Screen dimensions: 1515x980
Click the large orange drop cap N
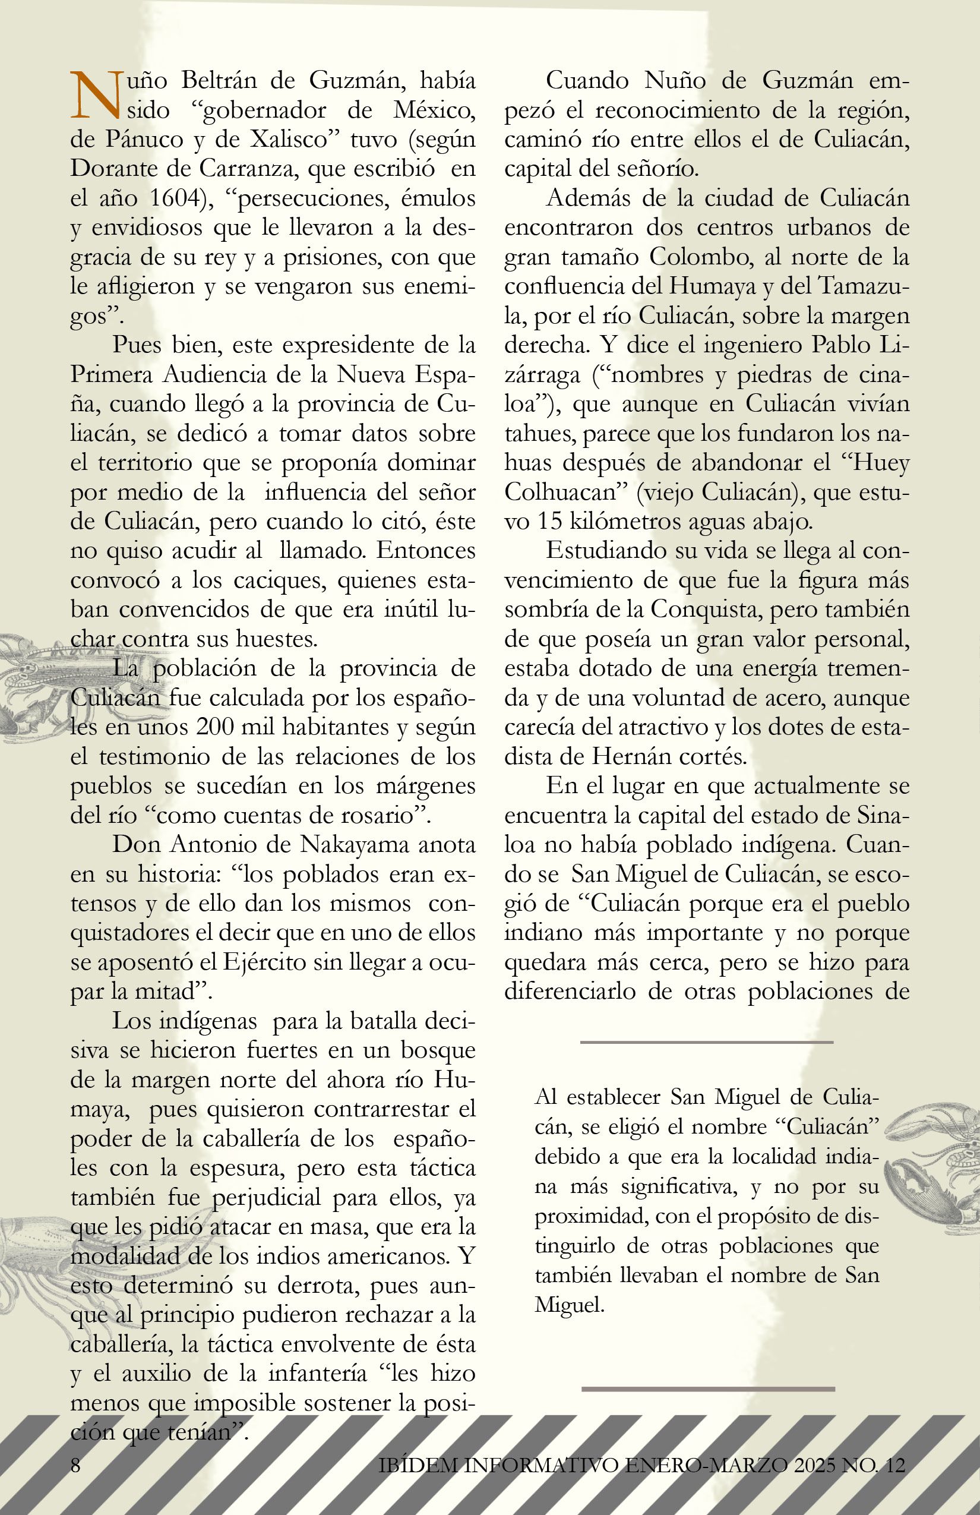(x=95, y=96)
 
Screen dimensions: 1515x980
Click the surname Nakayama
(x=354, y=845)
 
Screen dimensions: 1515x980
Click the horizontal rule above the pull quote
(x=706, y=1042)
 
